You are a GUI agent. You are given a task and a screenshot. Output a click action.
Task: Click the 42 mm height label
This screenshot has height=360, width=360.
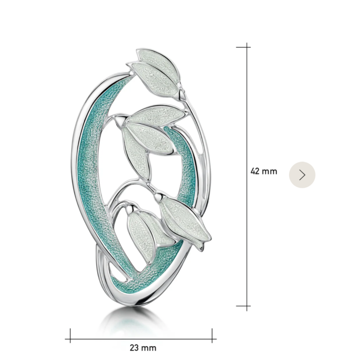[264, 171]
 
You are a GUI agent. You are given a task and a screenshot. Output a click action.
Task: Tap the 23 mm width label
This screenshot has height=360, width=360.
[143, 348]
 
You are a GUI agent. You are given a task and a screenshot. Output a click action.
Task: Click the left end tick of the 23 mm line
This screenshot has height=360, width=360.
[70, 339]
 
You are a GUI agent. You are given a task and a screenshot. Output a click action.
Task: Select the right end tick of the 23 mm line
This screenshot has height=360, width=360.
[212, 339]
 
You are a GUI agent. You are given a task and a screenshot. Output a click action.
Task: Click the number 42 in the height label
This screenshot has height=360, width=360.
[255, 171]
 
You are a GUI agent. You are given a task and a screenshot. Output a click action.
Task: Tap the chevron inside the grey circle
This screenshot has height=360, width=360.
[302, 175]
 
